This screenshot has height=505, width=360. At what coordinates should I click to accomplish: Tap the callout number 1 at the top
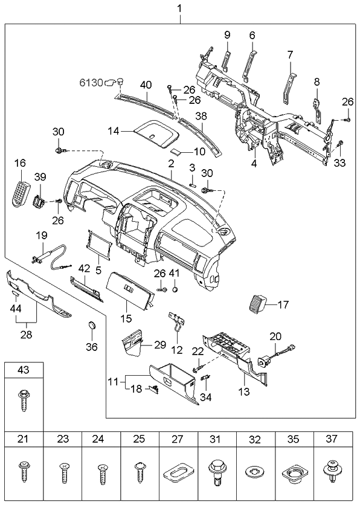[x=179, y=8]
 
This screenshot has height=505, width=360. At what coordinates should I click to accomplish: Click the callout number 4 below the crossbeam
[x=254, y=162]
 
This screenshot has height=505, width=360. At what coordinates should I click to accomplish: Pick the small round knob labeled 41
[x=175, y=290]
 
